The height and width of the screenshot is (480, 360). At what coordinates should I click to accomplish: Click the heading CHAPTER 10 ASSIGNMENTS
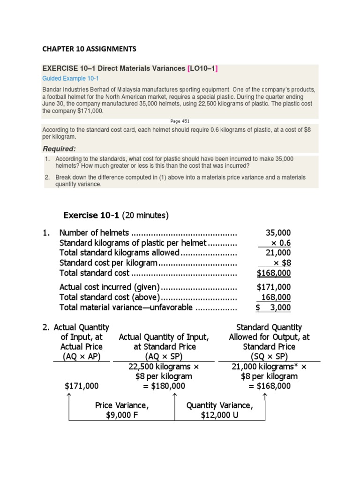coord(89,48)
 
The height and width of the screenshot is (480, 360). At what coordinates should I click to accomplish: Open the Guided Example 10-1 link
coord(71,78)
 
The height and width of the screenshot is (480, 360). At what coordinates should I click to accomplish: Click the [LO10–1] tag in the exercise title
coord(202,68)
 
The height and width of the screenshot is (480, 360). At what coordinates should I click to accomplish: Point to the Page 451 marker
coord(180,120)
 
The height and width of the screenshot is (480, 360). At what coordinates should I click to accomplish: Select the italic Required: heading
coord(59,149)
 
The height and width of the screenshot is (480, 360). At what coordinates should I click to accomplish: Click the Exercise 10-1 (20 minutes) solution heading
coord(115,215)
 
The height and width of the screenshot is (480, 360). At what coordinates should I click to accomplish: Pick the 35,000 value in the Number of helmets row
coord(278,233)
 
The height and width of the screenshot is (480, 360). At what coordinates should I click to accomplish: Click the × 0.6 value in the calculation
coord(280,243)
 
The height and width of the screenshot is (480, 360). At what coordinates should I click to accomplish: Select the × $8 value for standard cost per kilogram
coord(282,263)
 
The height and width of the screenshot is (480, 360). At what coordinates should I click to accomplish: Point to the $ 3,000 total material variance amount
coord(273,307)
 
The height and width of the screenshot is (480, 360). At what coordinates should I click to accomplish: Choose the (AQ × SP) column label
coord(164,356)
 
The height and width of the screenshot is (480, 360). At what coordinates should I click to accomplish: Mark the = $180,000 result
coord(164,386)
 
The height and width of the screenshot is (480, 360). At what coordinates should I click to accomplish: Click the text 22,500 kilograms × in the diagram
coord(164,367)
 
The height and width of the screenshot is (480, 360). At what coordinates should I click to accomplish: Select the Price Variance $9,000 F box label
coord(122,410)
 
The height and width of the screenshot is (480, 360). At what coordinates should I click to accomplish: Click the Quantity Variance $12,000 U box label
coord(219,410)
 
